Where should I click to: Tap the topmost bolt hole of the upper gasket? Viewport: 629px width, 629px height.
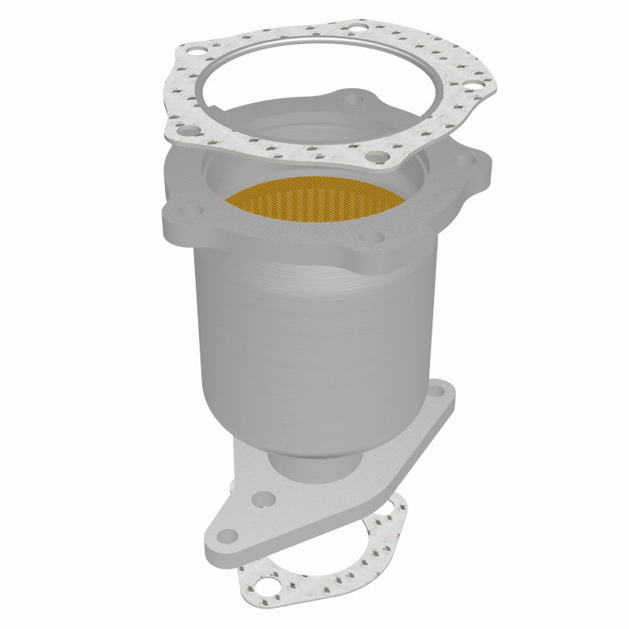point(359,32)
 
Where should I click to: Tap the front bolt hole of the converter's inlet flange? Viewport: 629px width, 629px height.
point(376,237)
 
